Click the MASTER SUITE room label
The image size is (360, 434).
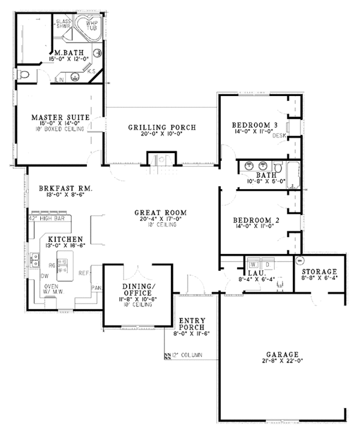(61, 116)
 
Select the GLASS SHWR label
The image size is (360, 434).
(63, 24)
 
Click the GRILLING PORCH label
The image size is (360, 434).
(162, 127)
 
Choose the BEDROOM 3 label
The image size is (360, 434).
(254, 125)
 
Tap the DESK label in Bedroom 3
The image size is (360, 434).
(278, 136)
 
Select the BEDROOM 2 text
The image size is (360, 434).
(254, 220)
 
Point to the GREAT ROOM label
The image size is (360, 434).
(160, 212)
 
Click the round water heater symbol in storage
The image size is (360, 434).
(299, 261)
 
